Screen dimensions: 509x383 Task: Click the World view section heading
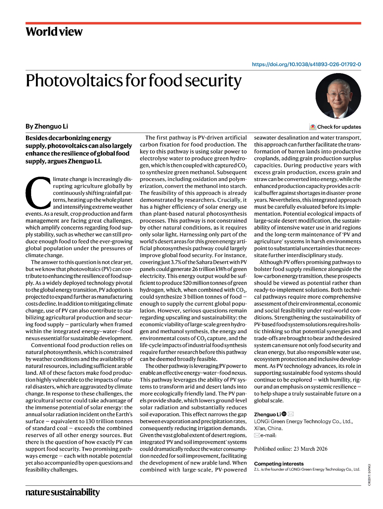tap(54, 32)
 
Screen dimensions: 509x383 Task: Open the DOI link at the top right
tap(306, 64)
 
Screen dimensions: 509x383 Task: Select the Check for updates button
tap(335, 127)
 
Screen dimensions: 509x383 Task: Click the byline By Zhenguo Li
tap(47, 126)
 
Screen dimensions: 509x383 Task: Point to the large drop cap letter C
tap(38, 193)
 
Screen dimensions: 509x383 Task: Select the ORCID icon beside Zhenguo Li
tap(284, 414)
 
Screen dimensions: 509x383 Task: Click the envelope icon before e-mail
tap(257, 435)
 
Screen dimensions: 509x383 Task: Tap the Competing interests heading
tap(279, 463)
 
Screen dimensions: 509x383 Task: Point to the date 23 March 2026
tap(310, 449)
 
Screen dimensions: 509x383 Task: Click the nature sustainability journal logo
tap(62, 492)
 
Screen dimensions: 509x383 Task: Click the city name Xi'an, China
tap(268, 428)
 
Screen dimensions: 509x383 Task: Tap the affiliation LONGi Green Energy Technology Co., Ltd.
tap(303, 421)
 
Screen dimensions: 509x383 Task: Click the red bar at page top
tap(193, 23)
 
